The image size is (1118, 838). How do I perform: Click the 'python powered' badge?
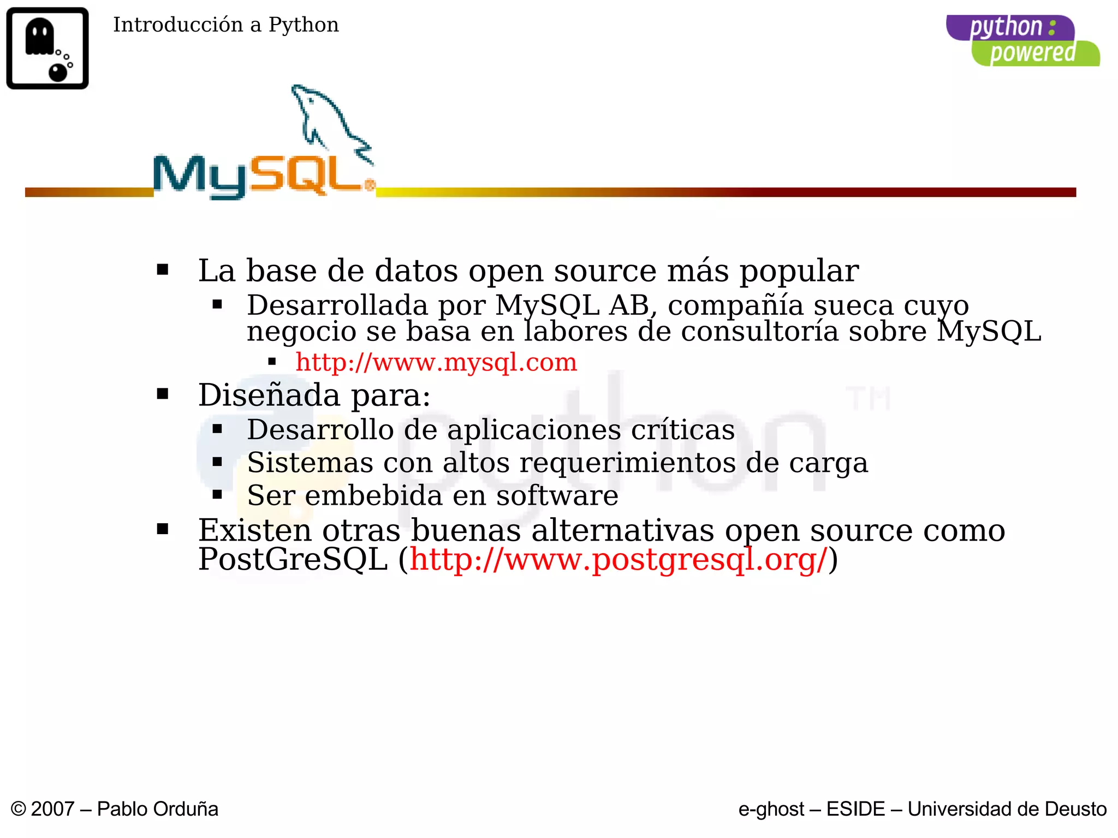click(x=1022, y=40)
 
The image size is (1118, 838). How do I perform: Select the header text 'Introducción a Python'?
click(x=225, y=25)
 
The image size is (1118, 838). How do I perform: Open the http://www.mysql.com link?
click(x=436, y=362)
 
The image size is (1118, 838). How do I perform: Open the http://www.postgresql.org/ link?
click(x=619, y=560)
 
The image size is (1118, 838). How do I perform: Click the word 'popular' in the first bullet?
click(x=799, y=271)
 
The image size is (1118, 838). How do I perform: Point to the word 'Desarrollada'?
click(x=337, y=305)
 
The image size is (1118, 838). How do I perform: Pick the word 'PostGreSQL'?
click(x=293, y=560)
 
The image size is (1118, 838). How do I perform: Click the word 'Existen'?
click(x=255, y=530)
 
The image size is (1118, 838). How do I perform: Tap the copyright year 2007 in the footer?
click(x=52, y=809)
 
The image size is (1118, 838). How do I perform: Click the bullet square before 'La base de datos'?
click(x=162, y=270)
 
